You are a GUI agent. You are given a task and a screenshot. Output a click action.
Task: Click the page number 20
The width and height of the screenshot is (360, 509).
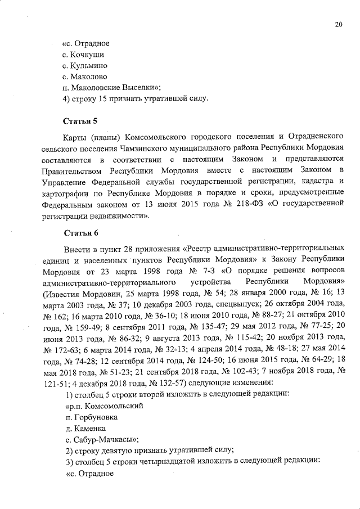click(x=338, y=24)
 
